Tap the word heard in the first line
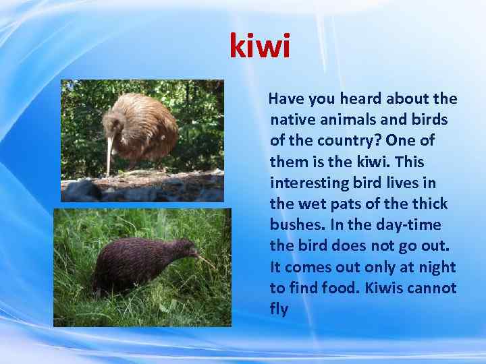click(x=362, y=99)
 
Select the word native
click(x=290, y=120)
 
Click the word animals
click(x=344, y=120)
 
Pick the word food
click(x=343, y=288)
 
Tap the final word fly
click(x=279, y=309)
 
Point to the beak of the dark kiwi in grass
click(x=202, y=256)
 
